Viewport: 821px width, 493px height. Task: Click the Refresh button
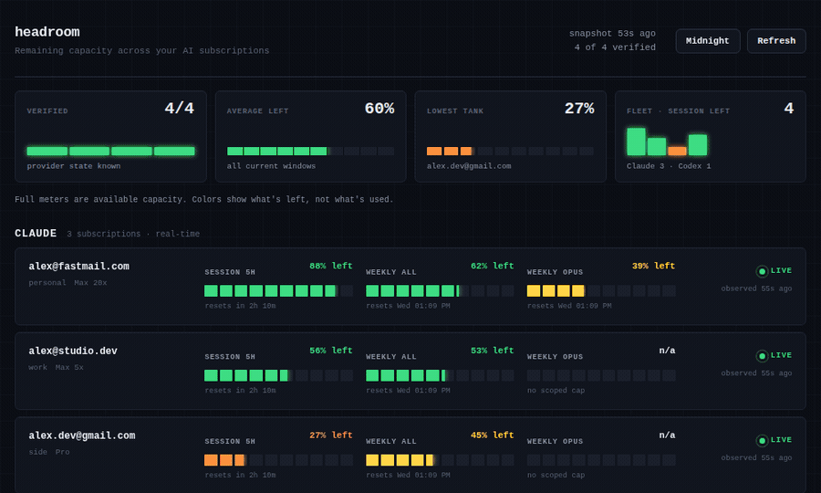776,41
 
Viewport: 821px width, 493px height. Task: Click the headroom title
47,32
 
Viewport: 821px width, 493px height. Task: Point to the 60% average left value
379,109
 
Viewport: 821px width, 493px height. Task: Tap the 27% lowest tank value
579,109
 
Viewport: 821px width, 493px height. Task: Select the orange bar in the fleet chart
677,151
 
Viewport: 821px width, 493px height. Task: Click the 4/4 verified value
179,109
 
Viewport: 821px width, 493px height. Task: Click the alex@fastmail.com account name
79,267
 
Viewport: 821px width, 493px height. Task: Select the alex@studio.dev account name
73,351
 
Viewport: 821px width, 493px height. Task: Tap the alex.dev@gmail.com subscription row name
82,435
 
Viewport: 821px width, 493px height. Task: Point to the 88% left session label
331,266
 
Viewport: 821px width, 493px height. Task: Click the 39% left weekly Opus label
653,266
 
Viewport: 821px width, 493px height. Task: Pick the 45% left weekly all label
493,435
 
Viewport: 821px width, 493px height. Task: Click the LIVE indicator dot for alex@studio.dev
762,356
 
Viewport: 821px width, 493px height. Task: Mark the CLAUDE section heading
36,233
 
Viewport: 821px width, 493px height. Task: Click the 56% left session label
331,351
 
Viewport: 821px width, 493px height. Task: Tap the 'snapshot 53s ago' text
612,34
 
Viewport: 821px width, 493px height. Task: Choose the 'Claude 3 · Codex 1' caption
669,166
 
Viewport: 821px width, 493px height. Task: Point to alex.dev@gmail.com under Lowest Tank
469,166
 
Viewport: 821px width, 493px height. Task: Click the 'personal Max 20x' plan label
68,283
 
